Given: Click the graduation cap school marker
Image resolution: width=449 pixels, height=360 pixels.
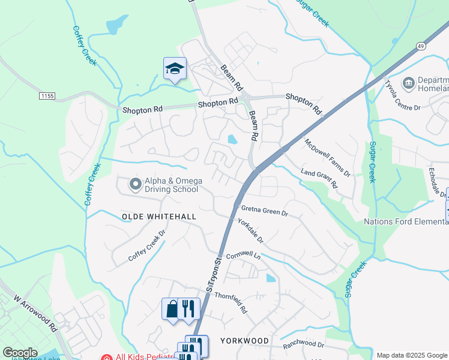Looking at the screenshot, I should click(x=175, y=69).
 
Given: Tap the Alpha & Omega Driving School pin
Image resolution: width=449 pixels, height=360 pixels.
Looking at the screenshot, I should click(x=135, y=184).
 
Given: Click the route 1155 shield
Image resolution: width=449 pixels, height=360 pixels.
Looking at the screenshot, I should click(x=46, y=96).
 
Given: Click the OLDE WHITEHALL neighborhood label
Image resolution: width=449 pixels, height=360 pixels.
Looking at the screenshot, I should click(x=150, y=216).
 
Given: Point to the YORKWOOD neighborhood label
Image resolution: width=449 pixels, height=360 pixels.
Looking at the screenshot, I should click(x=244, y=340).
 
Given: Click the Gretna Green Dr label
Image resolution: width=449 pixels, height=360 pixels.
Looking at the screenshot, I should click(x=265, y=211).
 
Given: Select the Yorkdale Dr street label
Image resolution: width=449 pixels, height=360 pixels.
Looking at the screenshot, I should click(x=252, y=230).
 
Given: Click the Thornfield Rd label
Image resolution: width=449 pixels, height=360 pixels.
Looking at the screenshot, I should click(x=231, y=302).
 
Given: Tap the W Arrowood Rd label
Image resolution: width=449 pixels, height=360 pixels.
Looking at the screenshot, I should click(x=34, y=312).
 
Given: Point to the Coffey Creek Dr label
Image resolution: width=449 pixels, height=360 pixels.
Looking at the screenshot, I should click(x=146, y=247).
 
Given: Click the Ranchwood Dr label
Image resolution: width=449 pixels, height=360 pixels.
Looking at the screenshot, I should click(x=304, y=345).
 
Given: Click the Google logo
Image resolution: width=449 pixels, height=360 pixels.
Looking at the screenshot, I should click(x=20, y=353).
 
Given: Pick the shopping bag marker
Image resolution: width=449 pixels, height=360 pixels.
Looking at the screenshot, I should click(x=172, y=309).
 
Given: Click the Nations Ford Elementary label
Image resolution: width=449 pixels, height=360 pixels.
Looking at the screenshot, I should click(x=406, y=221).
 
